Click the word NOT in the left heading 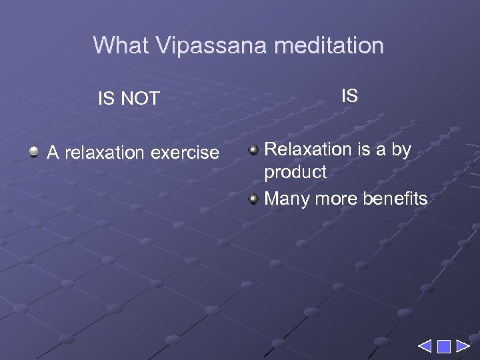(140, 99)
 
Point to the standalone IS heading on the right (349, 96)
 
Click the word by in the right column (401, 150)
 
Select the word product (295, 172)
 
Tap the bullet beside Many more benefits (253, 198)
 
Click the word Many (285, 199)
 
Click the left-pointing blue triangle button (425, 346)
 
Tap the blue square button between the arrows (444, 346)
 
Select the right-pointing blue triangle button (462, 346)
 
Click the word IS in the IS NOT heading (106, 99)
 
